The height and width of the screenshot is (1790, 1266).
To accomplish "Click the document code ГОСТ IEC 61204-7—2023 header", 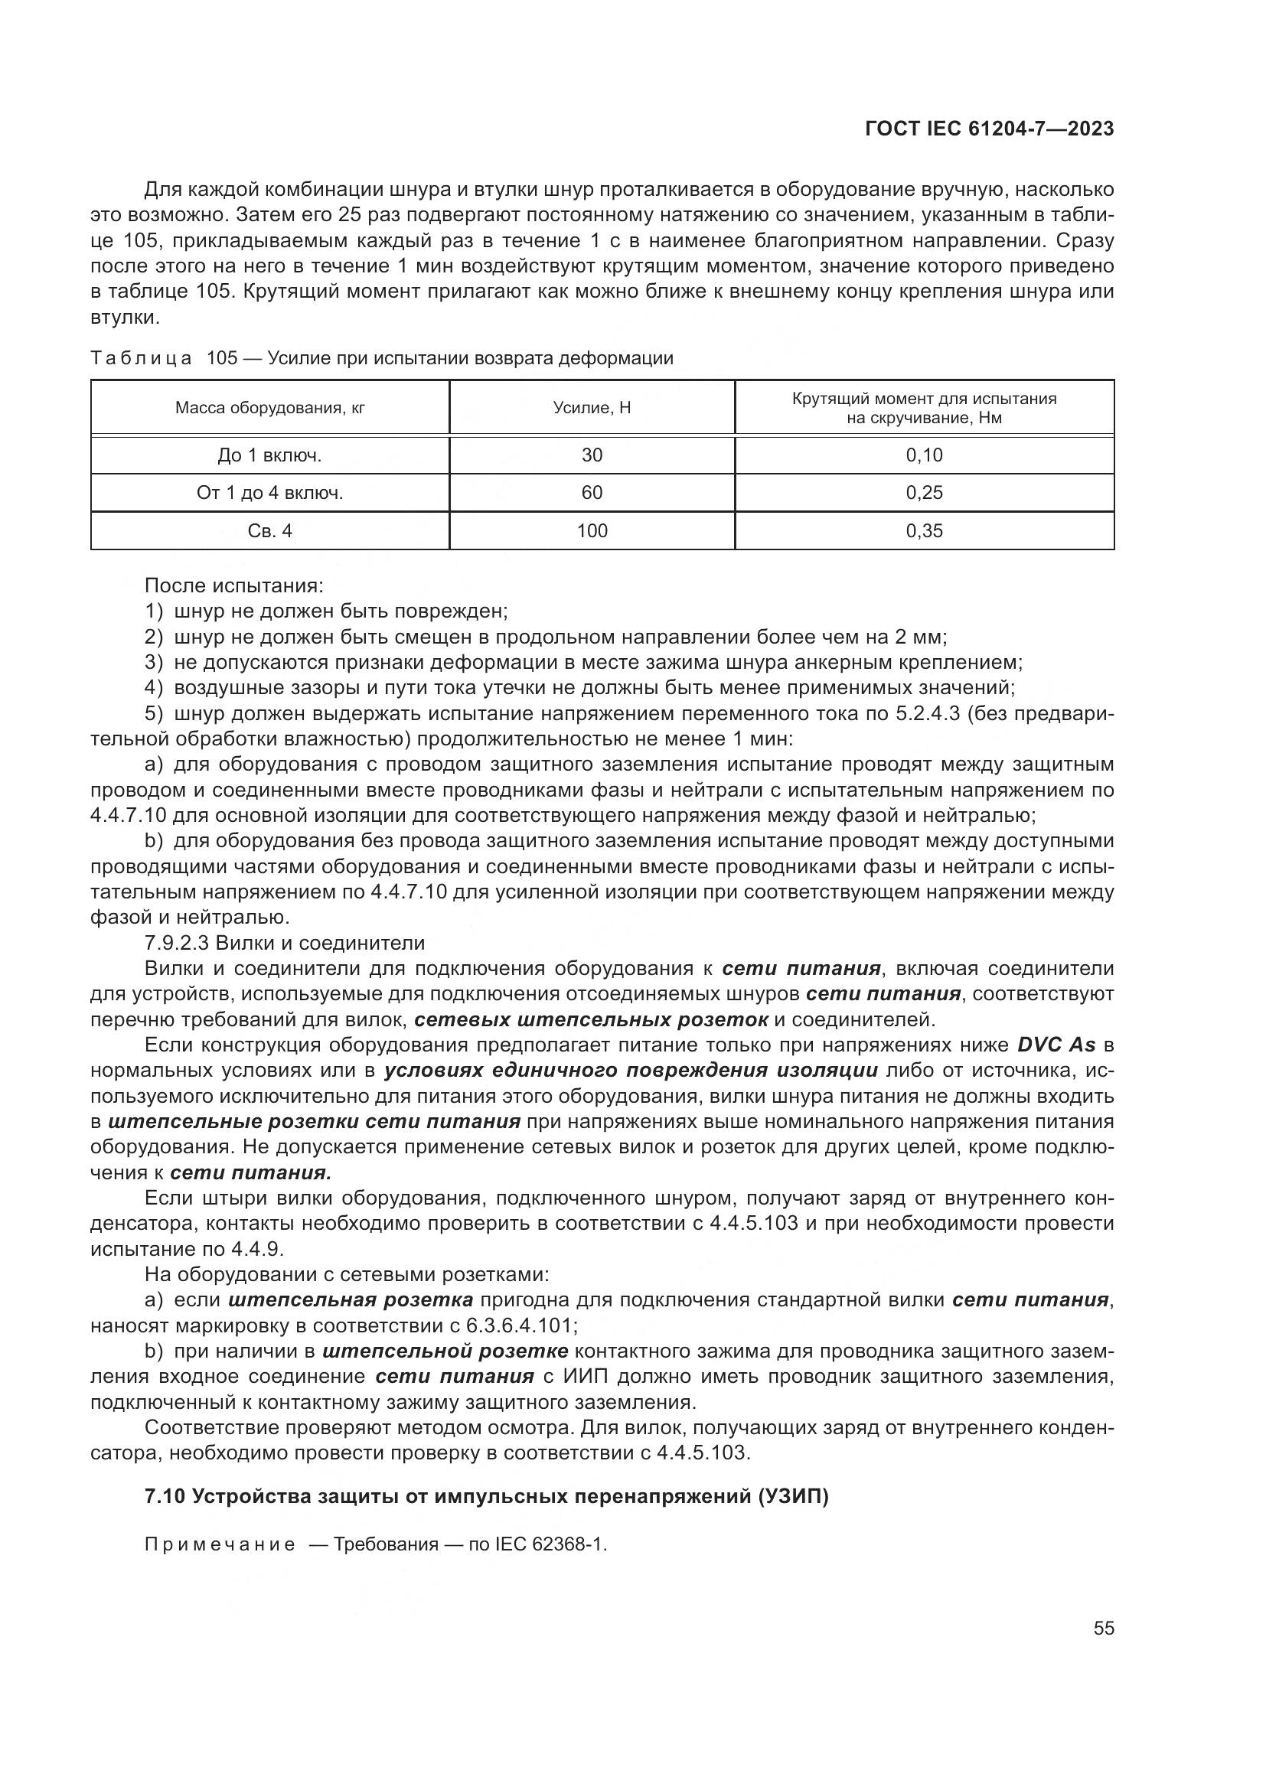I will click(x=989, y=129).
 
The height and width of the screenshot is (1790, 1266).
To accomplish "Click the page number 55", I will click(x=1104, y=1629).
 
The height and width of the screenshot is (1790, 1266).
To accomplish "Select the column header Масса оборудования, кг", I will click(x=269, y=408).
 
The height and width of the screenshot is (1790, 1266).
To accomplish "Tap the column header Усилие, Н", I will click(x=592, y=408).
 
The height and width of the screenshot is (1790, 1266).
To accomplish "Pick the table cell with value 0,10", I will click(x=924, y=455).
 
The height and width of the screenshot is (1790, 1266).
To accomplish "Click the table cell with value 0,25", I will click(x=924, y=493).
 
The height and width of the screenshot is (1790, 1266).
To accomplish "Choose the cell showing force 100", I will click(x=592, y=531).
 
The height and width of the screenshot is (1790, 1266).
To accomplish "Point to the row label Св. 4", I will click(x=269, y=531).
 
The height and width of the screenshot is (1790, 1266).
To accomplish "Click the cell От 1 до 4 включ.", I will click(x=269, y=493).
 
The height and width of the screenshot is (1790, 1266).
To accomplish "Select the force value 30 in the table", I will click(x=592, y=455).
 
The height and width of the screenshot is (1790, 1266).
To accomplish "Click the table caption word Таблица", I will click(x=141, y=359).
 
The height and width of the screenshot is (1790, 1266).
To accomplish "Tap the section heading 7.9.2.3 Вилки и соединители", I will click(x=285, y=944).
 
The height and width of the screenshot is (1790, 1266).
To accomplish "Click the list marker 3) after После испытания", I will click(x=153, y=663).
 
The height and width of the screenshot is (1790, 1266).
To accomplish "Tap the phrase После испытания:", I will click(x=234, y=585).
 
